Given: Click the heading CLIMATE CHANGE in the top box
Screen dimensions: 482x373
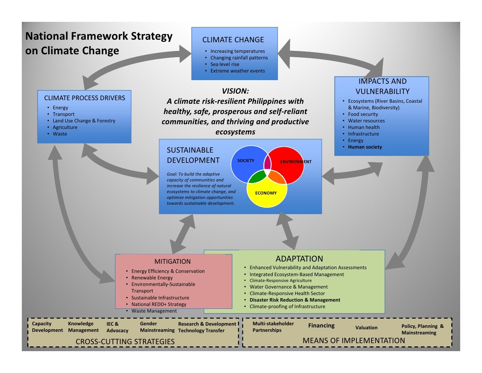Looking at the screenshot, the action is pyautogui.click(x=233, y=39).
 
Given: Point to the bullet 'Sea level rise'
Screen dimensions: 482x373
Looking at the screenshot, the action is pyautogui.click(x=225, y=64).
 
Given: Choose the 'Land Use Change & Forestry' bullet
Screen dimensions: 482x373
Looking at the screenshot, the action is pyautogui.click(x=84, y=121).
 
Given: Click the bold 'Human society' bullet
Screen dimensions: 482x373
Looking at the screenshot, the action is pyautogui.click(x=365, y=147).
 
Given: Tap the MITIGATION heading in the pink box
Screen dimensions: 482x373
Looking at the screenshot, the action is pyautogui.click(x=172, y=261).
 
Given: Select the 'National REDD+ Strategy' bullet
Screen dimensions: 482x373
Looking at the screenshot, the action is pyautogui.click(x=159, y=304).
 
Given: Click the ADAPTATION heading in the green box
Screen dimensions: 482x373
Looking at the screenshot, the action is pyautogui.click(x=299, y=259).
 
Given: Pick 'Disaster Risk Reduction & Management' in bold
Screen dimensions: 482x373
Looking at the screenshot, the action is pyautogui.click(x=295, y=300).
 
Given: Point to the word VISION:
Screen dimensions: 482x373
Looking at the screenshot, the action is pyautogui.click(x=235, y=91).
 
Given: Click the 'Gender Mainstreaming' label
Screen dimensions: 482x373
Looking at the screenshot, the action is pyautogui.click(x=157, y=327).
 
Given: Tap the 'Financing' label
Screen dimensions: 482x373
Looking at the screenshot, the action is pyautogui.click(x=321, y=326).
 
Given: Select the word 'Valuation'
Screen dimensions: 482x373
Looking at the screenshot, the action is pyautogui.click(x=366, y=327).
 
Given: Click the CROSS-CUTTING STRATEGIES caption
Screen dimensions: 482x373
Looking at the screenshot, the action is pyautogui.click(x=125, y=341).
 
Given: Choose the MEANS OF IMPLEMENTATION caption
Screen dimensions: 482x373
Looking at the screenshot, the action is pyautogui.click(x=354, y=340).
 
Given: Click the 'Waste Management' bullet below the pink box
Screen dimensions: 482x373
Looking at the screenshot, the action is pyautogui.click(x=154, y=311).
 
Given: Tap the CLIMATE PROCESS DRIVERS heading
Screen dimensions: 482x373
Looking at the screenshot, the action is pyautogui.click(x=84, y=98).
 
